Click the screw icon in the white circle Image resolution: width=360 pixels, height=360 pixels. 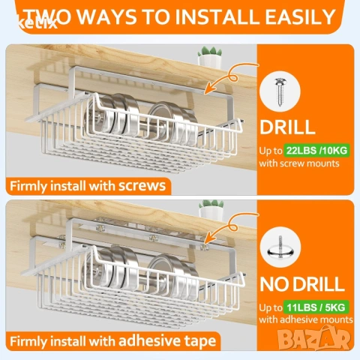[280, 91]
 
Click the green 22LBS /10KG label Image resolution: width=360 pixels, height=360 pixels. [316, 151]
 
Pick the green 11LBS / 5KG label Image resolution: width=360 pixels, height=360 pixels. [316, 307]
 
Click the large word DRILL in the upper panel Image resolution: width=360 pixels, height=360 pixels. [287, 127]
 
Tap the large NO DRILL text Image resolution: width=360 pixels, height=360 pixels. [302, 283]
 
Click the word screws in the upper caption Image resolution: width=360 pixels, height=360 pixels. [142, 186]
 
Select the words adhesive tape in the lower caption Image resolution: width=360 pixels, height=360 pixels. [167, 340]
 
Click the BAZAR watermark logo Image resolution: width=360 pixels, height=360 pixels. [314, 338]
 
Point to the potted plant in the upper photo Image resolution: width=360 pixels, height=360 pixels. [210, 57]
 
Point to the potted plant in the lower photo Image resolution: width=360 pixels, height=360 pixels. [211, 210]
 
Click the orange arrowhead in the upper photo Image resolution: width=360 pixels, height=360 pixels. [209, 88]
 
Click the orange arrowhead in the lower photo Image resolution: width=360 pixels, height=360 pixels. [208, 238]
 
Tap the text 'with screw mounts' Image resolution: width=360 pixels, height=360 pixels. [299, 163]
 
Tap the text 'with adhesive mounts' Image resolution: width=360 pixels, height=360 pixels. [306, 319]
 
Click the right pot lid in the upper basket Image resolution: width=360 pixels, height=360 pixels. [173, 122]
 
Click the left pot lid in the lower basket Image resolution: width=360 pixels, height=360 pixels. [111, 268]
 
